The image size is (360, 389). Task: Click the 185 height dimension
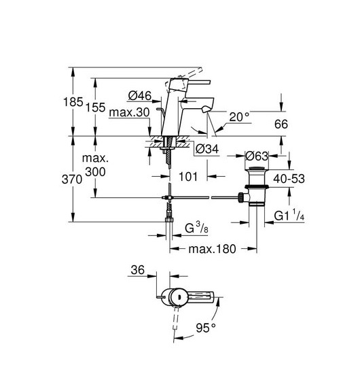coord(73,102)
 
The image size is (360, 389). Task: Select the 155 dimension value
coord(95,107)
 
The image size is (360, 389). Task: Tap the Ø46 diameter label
coord(140,96)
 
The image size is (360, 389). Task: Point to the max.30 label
coord(129,112)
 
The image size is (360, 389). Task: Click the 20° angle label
coord(239,117)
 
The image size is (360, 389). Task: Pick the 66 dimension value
coord(281,124)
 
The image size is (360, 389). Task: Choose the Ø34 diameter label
coord(207,149)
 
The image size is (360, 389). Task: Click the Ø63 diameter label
coord(257,156)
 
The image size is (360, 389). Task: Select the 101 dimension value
coord(188,177)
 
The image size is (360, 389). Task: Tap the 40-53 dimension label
coord(289,178)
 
